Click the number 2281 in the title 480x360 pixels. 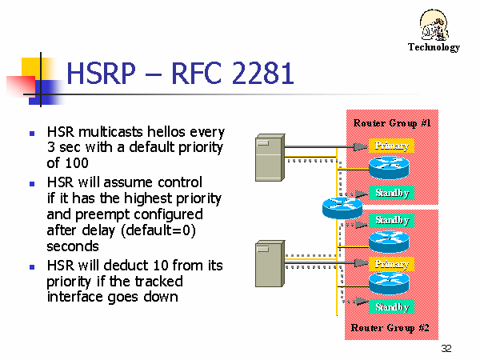[x=262, y=73]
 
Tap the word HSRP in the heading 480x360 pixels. [x=101, y=73]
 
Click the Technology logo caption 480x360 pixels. [x=434, y=47]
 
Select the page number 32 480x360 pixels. [x=446, y=348]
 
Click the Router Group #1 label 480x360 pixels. [x=392, y=123]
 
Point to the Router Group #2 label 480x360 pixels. [x=390, y=328]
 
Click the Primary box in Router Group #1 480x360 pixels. [x=391, y=146]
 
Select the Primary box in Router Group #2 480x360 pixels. [x=391, y=264]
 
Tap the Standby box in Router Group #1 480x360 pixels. [x=391, y=193]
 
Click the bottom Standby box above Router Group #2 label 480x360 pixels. [x=391, y=306]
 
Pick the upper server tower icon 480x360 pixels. [x=270, y=158]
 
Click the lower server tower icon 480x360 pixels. [x=270, y=263]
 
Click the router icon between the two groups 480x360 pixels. [x=342, y=208]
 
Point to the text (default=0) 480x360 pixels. [x=158, y=230]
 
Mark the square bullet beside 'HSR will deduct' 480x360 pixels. [x=32, y=267]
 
